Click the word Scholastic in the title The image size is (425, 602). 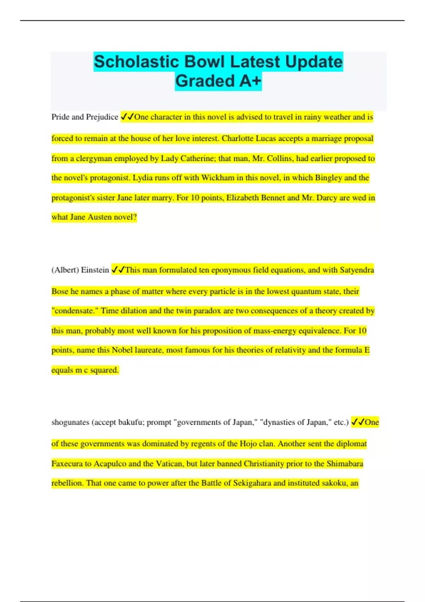coord(136,62)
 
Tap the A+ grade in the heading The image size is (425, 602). coord(250,81)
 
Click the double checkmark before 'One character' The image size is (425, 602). coord(127,117)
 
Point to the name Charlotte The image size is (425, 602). coord(238,138)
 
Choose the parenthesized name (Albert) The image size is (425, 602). coord(65,270)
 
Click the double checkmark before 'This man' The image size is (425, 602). coord(118,270)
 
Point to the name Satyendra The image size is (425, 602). coord(357,270)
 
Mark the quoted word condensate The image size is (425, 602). coord(75,311)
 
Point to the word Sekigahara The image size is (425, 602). coord(252,483)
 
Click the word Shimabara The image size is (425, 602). coord(345,464)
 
